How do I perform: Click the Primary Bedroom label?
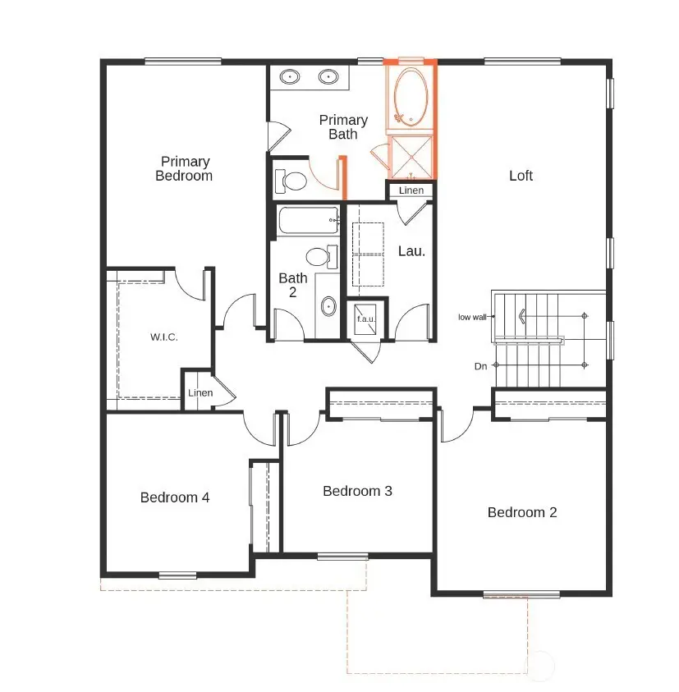click(x=185, y=168)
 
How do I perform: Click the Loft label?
click(x=521, y=176)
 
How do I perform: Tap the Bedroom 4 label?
click(x=175, y=497)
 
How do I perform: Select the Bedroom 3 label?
click(x=357, y=491)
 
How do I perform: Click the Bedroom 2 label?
click(x=522, y=512)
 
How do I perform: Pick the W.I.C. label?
click(x=163, y=337)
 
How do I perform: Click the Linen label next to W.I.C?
click(x=200, y=393)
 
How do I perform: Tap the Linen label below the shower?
click(x=411, y=190)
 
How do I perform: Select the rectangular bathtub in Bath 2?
click(x=308, y=220)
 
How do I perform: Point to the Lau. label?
click(x=411, y=251)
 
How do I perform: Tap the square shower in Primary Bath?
click(x=410, y=156)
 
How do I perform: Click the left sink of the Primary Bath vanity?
click(x=290, y=77)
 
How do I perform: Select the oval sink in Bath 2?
click(x=328, y=307)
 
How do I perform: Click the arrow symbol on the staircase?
click(x=521, y=315)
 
